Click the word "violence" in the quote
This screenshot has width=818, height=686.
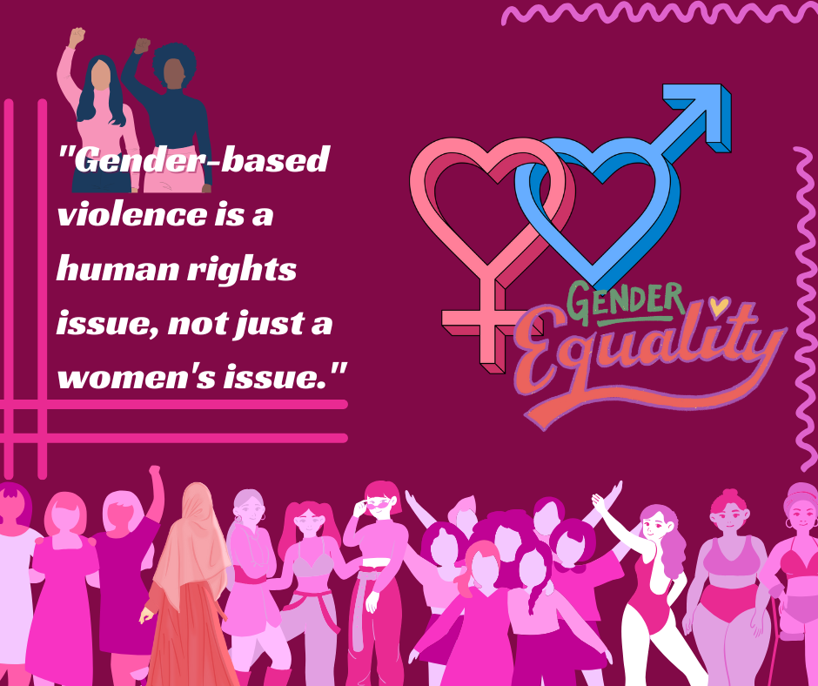click(132, 214)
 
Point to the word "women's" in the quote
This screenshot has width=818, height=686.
click(136, 378)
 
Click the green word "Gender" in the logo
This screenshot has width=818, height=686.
click(625, 302)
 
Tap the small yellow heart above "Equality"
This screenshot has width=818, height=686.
click(720, 306)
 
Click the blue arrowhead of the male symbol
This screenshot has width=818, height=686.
click(701, 113)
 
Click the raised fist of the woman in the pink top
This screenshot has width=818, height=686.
click(77, 37)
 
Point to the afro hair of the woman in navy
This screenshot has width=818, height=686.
click(175, 64)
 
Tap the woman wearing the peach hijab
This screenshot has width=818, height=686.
click(188, 585)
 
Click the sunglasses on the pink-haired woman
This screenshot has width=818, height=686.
click(378, 504)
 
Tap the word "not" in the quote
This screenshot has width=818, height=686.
click(198, 324)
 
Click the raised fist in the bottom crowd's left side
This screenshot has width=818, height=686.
click(154, 470)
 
